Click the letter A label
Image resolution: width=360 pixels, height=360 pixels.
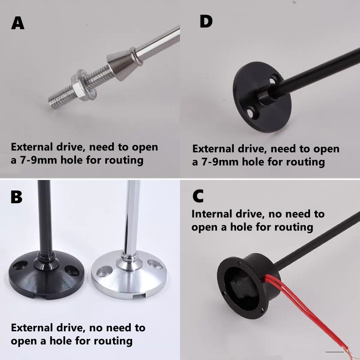pyautogui.click(x=18, y=23)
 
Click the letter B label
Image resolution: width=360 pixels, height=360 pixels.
pyautogui.click(x=16, y=197)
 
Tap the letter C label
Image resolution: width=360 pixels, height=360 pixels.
pyautogui.click(x=198, y=196)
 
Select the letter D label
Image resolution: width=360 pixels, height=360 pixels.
pyautogui.click(x=206, y=21)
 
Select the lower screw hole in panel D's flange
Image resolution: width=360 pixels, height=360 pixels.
pyautogui.click(x=252, y=113)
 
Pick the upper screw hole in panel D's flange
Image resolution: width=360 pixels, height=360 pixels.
pyautogui.click(x=273, y=80)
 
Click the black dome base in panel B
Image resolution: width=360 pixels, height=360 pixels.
pyautogui.click(x=46, y=275)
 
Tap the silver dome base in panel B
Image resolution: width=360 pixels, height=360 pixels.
pyautogui.click(x=129, y=276)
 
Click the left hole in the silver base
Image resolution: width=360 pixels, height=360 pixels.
pyautogui.click(x=105, y=272)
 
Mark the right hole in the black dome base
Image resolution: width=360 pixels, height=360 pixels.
pyautogui.click(x=72, y=271)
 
